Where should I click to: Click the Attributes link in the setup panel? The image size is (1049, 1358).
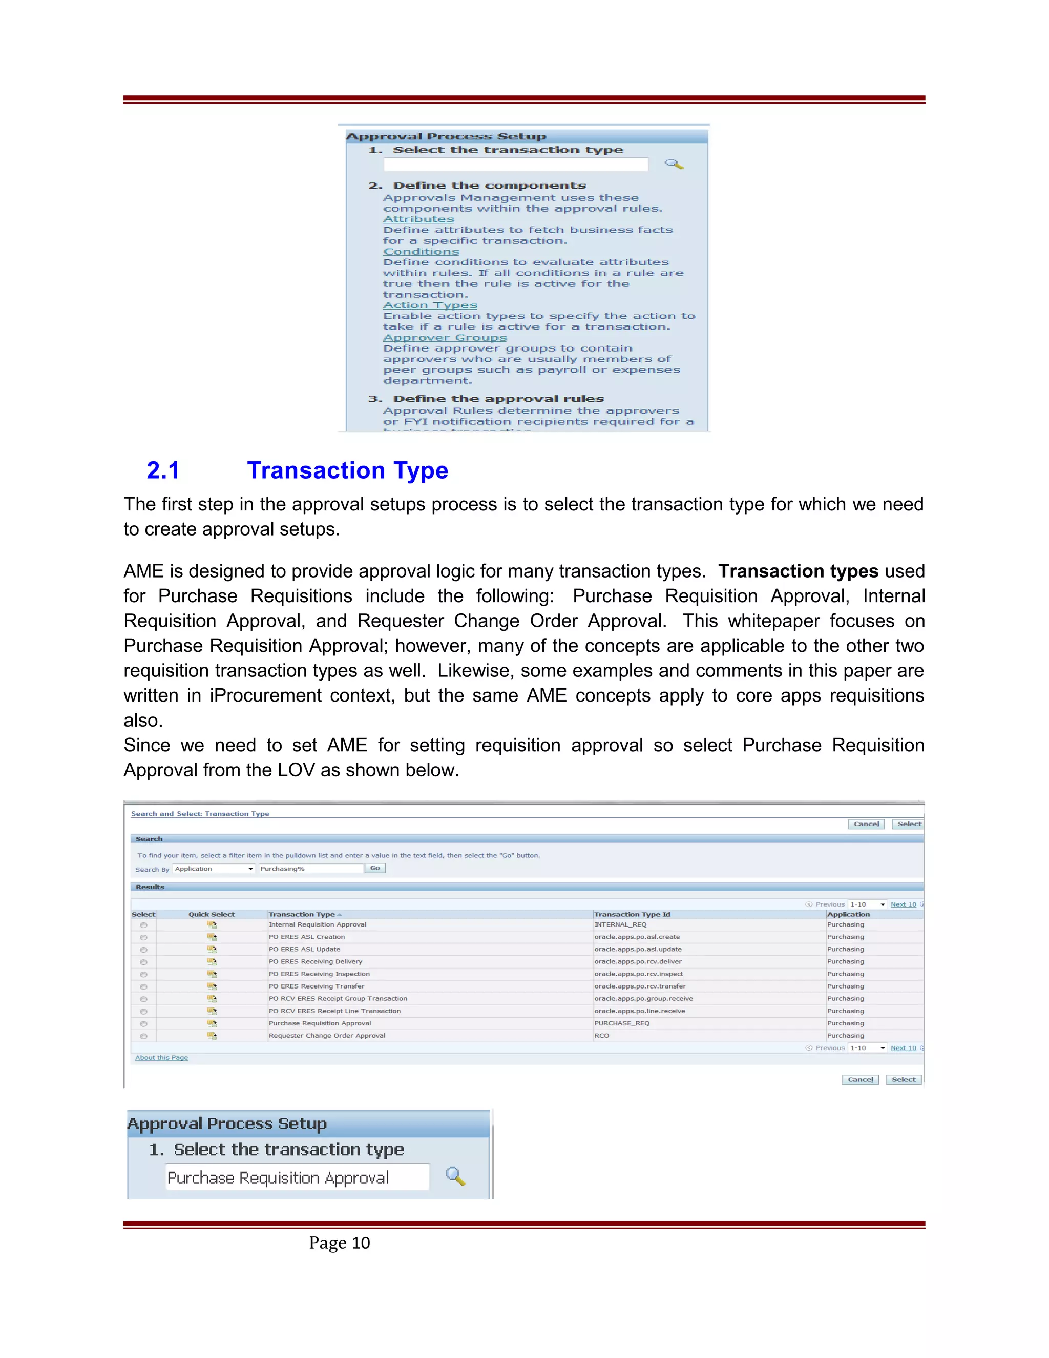click(x=418, y=219)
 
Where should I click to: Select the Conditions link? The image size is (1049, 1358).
click(x=421, y=252)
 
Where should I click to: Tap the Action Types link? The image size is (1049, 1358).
click(x=430, y=305)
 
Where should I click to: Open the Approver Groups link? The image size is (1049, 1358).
click(x=444, y=338)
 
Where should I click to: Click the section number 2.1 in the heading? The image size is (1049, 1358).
click(x=163, y=471)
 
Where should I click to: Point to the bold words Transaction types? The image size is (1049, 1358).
click(x=798, y=571)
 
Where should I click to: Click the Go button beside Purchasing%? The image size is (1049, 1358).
click(x=375, y=868)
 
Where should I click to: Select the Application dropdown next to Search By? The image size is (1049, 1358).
click(x=214, y=869)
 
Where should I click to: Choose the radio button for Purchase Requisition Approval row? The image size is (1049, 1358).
click(x=143, y=1023)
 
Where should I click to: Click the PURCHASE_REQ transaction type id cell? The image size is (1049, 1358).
click(x=621, y=1023)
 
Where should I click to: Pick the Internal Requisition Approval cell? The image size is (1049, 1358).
click(x=318, y=924)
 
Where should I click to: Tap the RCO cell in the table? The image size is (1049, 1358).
click(x=601, y=1035)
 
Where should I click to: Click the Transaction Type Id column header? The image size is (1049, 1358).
click(x=632, y=914)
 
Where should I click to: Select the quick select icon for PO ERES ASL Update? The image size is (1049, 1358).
click(x=212, y=949)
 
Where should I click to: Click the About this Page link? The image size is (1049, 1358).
click(x=161, y=1057)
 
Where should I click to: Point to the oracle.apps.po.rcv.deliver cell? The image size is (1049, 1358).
click(x=638, y=961)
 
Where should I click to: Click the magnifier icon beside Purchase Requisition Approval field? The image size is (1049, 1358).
click(x=455, y=1177)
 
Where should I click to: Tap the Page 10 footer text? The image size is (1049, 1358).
click(x=339, y=1243)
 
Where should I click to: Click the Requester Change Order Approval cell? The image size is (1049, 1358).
click(x=327, y=1035)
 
